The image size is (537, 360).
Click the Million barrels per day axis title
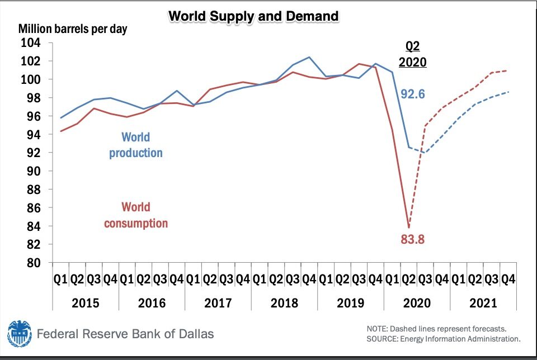point(73,29)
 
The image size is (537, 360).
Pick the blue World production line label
point(136,145)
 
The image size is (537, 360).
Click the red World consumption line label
point(136,215)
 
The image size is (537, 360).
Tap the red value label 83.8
point(413,240)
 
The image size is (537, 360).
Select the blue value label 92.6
point(412,93)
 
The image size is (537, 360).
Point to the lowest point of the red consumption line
point(409,227)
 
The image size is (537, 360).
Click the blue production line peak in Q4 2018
point(309,57)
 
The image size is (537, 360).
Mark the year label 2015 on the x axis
point(86,303)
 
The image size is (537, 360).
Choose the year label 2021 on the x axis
point(483,303)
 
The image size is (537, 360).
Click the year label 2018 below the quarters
point(284,303)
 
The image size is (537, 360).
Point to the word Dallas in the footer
point(195,334)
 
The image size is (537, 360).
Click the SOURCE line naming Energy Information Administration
point(444,339)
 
